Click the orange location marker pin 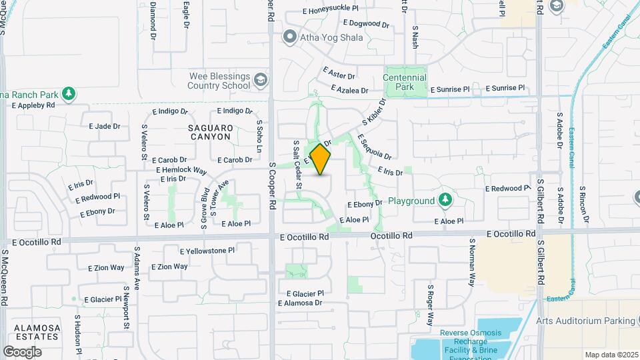(321, 160)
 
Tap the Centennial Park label (405, 82)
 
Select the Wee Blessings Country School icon (260, 81)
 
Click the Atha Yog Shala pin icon (289, 37)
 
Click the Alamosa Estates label (31, 333)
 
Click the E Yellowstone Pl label (207, 251)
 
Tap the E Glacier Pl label (305, 293)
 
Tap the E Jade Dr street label (105, 125)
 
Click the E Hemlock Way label (182, 170)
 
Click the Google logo (22, 351)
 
